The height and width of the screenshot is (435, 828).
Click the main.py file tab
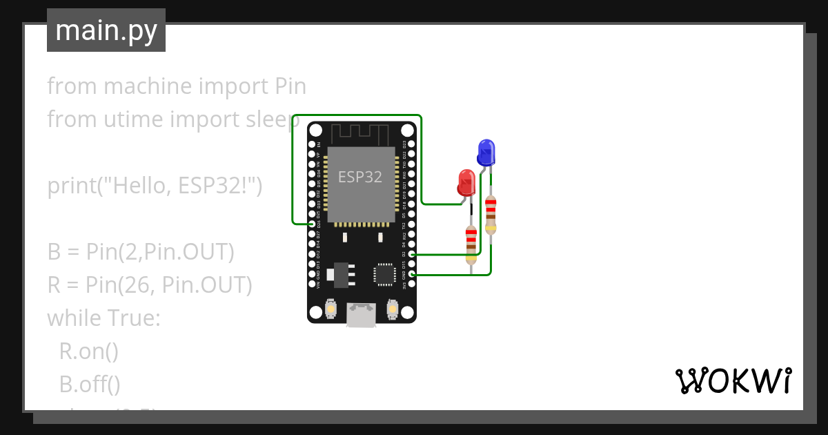coord(106,30)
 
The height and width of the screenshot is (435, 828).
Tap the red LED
coord(467,183)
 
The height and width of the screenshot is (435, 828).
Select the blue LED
coord(486,151)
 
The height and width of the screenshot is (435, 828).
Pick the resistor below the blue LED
coord(491,215)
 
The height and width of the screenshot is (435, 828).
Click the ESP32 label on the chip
coord(360,177)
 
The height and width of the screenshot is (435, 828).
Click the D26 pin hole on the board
coord(313,224)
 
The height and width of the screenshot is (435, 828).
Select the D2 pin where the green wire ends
coord(411,255)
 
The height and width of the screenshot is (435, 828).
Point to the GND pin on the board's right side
coord(411,274)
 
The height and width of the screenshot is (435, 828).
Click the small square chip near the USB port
coord(384,274)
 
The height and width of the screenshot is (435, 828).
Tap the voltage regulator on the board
coord(341,273)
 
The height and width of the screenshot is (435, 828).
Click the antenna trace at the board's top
coord(362,132)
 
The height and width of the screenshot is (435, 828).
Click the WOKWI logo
coord(732,380)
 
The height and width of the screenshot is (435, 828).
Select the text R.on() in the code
coord(89,351)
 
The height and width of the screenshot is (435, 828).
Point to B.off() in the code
coord(90,384)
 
